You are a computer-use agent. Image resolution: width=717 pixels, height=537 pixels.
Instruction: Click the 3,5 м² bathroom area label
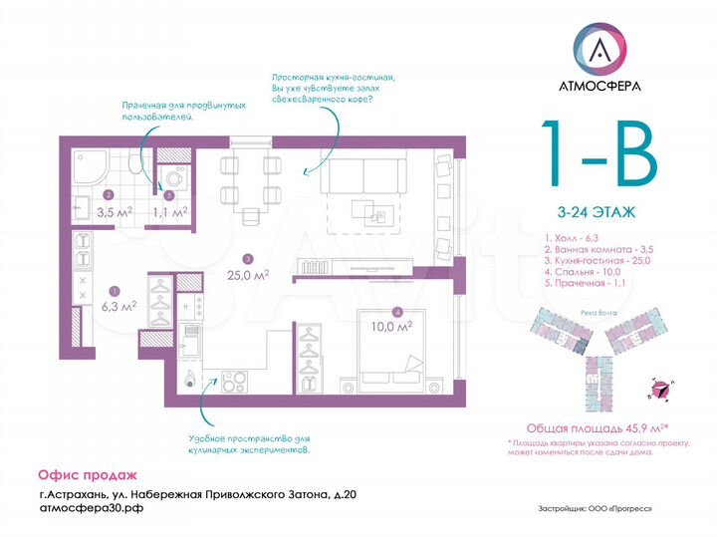coord(114,211)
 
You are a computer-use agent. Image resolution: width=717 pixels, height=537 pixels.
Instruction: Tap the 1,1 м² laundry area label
coord(169,211)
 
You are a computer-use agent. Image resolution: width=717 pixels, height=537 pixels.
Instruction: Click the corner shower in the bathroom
coord(94,169)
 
